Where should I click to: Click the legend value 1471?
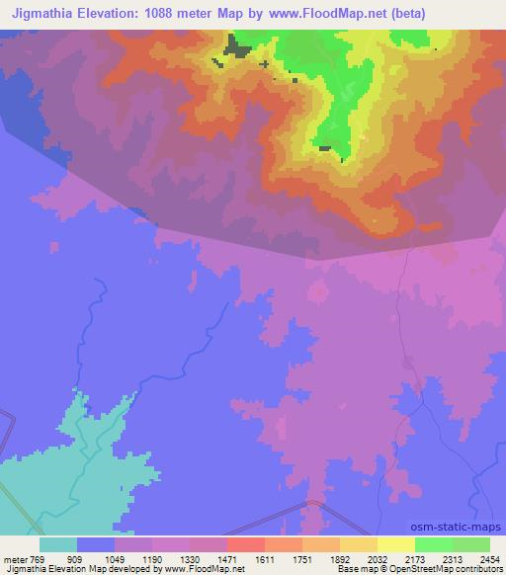point(228,558)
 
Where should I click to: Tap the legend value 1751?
point(303,558)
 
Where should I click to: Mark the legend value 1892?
point(341,558)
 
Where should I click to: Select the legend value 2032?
point(379,558)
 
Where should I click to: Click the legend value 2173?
point(416,558)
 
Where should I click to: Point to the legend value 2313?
point(454,558)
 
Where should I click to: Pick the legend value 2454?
point(490,558)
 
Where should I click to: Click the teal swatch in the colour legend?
point(58,544)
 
